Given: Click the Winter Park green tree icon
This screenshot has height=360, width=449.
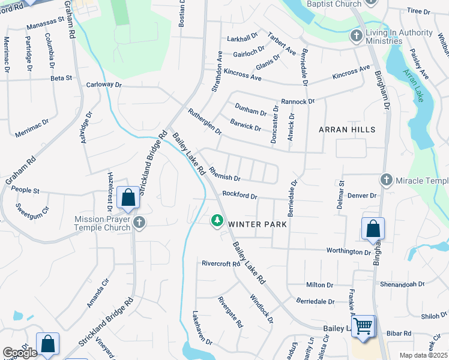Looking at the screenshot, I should [217, 221].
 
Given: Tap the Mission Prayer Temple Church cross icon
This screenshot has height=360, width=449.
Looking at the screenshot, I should [139, 223].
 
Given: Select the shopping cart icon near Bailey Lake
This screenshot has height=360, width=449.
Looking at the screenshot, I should [363, 327].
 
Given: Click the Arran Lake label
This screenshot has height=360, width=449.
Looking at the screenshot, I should [414, 85].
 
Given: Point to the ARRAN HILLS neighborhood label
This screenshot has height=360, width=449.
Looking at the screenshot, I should [347, 130].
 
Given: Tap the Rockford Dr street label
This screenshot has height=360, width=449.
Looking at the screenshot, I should [240, 195].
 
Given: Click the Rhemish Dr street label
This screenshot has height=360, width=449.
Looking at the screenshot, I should [224, 178].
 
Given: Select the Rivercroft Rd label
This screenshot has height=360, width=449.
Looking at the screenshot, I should [221, 263].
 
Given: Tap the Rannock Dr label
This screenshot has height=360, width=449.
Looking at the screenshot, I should [298, 101].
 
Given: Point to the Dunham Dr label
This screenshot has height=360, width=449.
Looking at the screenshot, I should [251, 112].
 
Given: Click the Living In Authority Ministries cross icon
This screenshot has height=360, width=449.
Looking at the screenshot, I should [357, 35].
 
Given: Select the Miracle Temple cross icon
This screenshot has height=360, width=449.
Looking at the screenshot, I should [386, 180].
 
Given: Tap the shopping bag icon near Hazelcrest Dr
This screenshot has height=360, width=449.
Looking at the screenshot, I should [128, 197].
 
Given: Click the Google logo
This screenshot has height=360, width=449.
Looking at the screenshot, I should [20, 353].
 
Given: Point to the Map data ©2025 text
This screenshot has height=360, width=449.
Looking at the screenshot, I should [423, 356].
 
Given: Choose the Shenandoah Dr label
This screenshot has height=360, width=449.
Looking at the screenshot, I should [402, 284].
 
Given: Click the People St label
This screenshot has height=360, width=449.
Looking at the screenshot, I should [25, 191].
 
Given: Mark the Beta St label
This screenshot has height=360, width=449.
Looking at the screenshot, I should [61, 78].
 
